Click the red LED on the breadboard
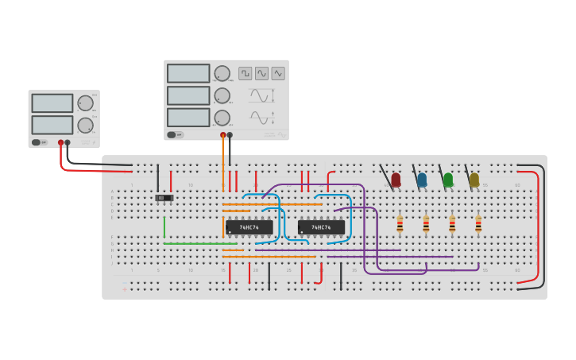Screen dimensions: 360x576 [396, 180]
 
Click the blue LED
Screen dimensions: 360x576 [422, 180]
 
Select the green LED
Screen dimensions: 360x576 [448, 180]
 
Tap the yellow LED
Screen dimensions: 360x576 [474, 180]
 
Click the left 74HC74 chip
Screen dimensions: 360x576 [249, 227]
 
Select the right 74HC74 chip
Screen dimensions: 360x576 [321, 227]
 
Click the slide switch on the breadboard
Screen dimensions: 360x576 [164, 197]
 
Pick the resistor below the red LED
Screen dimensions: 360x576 [400, 225]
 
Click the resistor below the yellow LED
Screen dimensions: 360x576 [478, 225]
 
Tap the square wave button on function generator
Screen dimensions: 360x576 [245, 73]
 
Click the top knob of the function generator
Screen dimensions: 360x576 [222, 74]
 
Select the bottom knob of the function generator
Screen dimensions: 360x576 [222, 118]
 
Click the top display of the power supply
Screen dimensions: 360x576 [52, 103]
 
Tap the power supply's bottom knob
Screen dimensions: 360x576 [85, 125]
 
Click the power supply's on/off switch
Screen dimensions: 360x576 [37, 142]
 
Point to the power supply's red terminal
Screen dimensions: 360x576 [60, 143]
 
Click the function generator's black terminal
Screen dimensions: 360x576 [230, 135]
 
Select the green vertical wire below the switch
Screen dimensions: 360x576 [164, 227]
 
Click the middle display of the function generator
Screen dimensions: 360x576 [188, 95]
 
